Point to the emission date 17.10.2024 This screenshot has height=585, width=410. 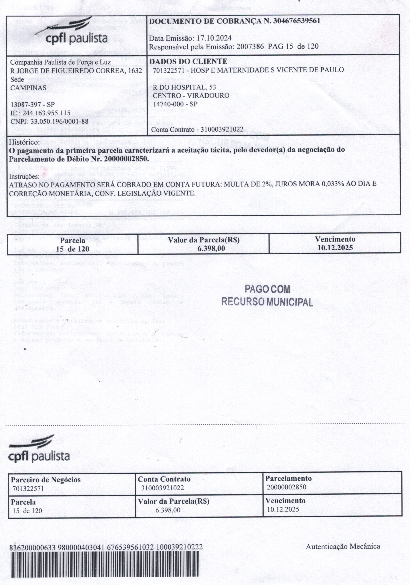(213, 38)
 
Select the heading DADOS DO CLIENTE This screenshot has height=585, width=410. (188, 61)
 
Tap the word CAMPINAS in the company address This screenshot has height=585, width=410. (28, 88)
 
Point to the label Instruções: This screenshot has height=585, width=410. (24, 176)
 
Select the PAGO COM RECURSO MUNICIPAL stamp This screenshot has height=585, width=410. (267, 295)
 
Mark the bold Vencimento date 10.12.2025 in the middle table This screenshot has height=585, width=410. (335, 247)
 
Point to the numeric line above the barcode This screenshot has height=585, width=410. (106, 547)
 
